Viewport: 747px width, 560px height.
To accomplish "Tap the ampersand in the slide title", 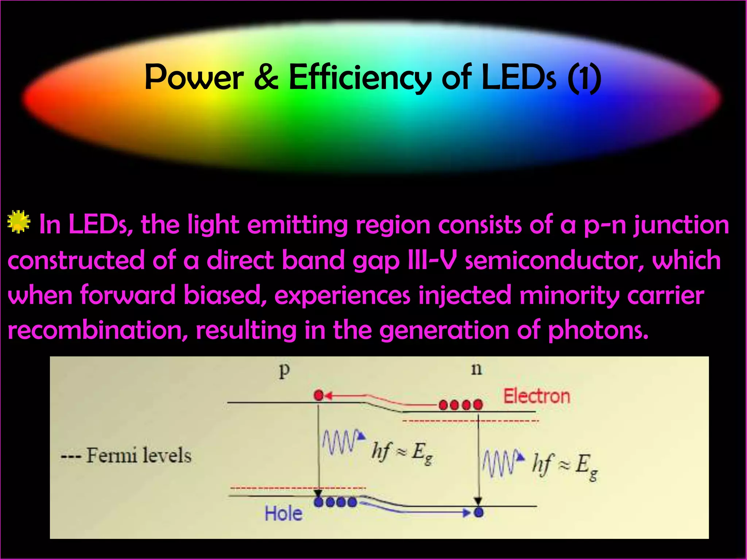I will tap(266, 77).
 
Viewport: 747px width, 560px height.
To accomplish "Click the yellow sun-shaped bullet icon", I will tap(19, 222).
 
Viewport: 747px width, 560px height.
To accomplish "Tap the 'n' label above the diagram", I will tap(476, 369).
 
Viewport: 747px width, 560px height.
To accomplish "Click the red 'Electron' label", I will tap(537, 396).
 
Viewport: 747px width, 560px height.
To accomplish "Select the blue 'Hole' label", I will tap(283, 514).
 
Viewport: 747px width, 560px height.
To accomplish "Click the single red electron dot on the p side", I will tap(319, 395).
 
